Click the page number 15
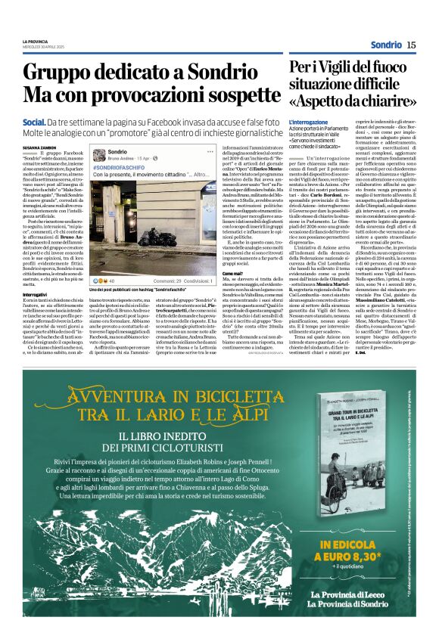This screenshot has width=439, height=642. click(x=410, y=45)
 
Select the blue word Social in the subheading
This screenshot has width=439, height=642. click(x=34, y=122)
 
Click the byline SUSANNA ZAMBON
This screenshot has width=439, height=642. click(x=39, y=149)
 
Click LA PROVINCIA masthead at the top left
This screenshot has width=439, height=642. click(x=35, y=40)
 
